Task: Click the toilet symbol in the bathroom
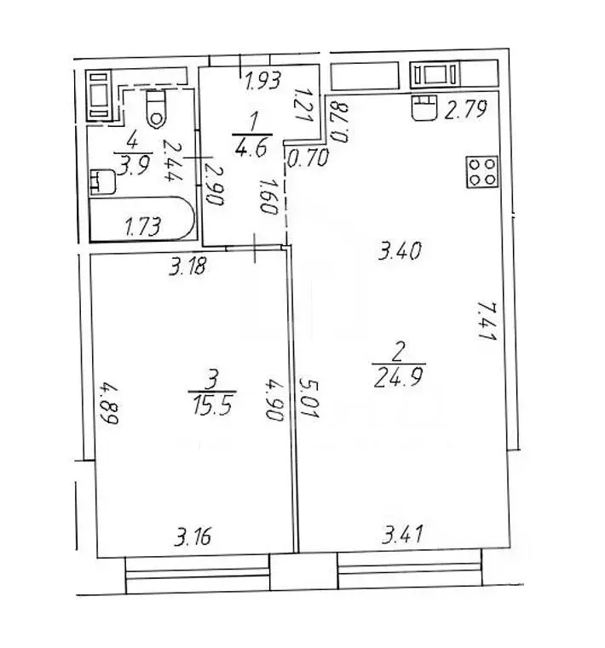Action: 156,109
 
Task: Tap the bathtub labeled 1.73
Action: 141,219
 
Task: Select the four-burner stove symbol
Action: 482,172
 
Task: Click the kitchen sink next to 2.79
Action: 424,107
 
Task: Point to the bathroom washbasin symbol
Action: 102,182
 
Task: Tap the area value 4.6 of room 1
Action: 251,148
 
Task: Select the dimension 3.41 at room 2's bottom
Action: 402,534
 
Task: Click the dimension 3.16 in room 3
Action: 193,536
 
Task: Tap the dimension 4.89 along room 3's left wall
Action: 109,404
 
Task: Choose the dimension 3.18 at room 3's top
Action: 187,267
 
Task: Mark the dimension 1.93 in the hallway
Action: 263,80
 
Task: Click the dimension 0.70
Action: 308,158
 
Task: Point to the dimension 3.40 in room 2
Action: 400,250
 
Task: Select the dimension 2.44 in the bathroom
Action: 170,161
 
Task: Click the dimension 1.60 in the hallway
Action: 268,196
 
